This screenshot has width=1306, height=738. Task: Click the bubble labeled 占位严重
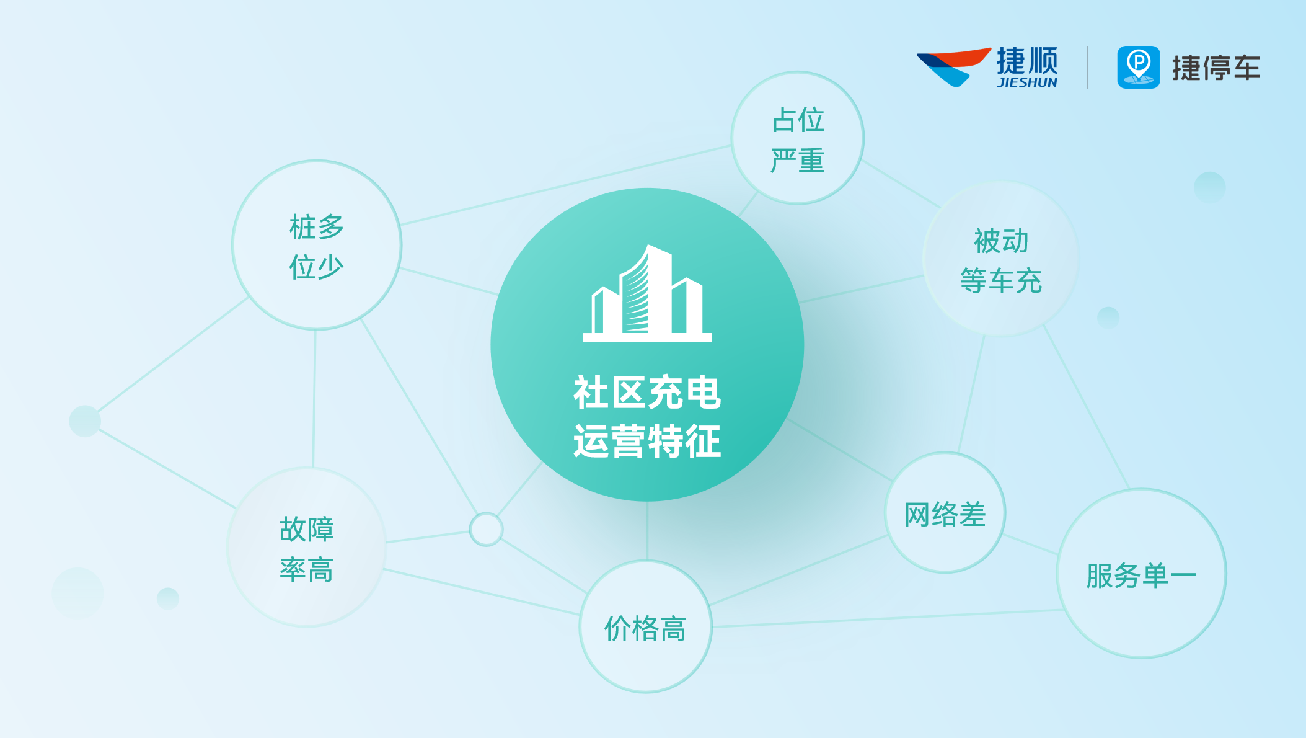pyautogui.click(x=797, y=138)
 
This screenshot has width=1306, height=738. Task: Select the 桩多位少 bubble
pyautogui.click(x=316, y=246)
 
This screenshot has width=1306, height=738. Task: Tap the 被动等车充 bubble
pyautogui.click(x=1000, y=259)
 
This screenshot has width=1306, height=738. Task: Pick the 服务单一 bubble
pyautogui.click(x=1141, y=574)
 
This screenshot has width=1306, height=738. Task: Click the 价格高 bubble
pyautogui.click(x=645, y=627)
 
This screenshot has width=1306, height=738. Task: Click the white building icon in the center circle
pyautogui.click(x=646, y=295)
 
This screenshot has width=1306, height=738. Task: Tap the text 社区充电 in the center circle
pyautogui.click(x=646, y=392)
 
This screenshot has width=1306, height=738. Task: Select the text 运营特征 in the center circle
pyautogui.click(x=646, y=441)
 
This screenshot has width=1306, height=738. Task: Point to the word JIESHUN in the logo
pyautogui.click(x=1027, y=82)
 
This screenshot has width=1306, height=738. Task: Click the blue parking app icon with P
pyautogui.click(x=1138, y=67)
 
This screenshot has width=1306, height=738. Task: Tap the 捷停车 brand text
pyautogui.click(x=1216, y=68)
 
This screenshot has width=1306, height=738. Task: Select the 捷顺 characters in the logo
pyautogui.click(x=1027, y=61)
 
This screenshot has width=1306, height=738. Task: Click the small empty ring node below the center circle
pyautogui.click(x=486, y=529)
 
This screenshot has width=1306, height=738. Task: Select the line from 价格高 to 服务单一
pyautogui.click(x=886, y=618)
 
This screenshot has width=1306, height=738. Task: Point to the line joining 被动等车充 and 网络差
pyautogui.click(x=971, y=394)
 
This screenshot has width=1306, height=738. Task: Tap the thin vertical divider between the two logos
pyautogui.click(x=1087, y=67)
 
